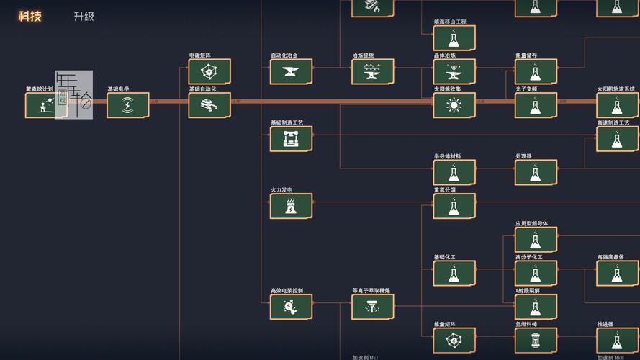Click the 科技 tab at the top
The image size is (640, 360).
point(30,16)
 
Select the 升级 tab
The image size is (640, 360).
point(84,16)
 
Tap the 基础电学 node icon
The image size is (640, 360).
point(127,105)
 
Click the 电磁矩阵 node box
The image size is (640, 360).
point(209,71)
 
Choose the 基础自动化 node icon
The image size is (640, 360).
point(209,105)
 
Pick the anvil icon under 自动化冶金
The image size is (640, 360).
point(291,71)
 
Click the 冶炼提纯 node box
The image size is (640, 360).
point(372,71)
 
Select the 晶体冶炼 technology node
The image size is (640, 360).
point(454,71)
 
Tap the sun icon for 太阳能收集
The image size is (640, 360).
point(454,105)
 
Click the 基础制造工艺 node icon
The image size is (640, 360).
point(291,138)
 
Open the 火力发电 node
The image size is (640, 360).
point(291,206)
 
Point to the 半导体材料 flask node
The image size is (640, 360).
point(454,172)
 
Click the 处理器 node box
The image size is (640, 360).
point(535,172)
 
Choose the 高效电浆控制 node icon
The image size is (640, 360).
point(291,307)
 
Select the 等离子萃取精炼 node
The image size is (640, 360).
point(372,307)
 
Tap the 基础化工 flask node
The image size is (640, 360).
point(454,273)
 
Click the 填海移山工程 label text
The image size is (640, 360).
point(449,22)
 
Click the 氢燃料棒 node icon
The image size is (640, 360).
point(535,340)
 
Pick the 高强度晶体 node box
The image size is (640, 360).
point(617,273)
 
